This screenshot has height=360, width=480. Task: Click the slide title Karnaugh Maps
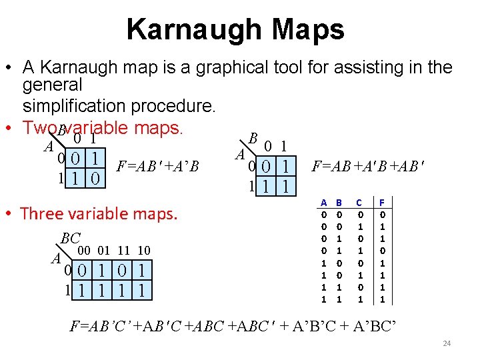tap(235, 29)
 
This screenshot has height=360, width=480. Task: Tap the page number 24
tap(447, 343)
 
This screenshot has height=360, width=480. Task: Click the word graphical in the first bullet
tap(223, 68)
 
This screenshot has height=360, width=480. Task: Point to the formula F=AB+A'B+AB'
tap(368, 165)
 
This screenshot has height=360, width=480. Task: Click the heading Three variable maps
tap(99, 214)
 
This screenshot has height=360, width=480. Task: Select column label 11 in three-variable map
tap(123, 250)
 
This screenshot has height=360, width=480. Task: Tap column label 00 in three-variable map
tap(85, 250)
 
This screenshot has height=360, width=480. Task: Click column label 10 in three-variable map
tap(143, 250)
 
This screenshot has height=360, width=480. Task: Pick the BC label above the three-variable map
tap(70, 238)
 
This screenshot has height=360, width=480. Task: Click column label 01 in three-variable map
tap(104, 250)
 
